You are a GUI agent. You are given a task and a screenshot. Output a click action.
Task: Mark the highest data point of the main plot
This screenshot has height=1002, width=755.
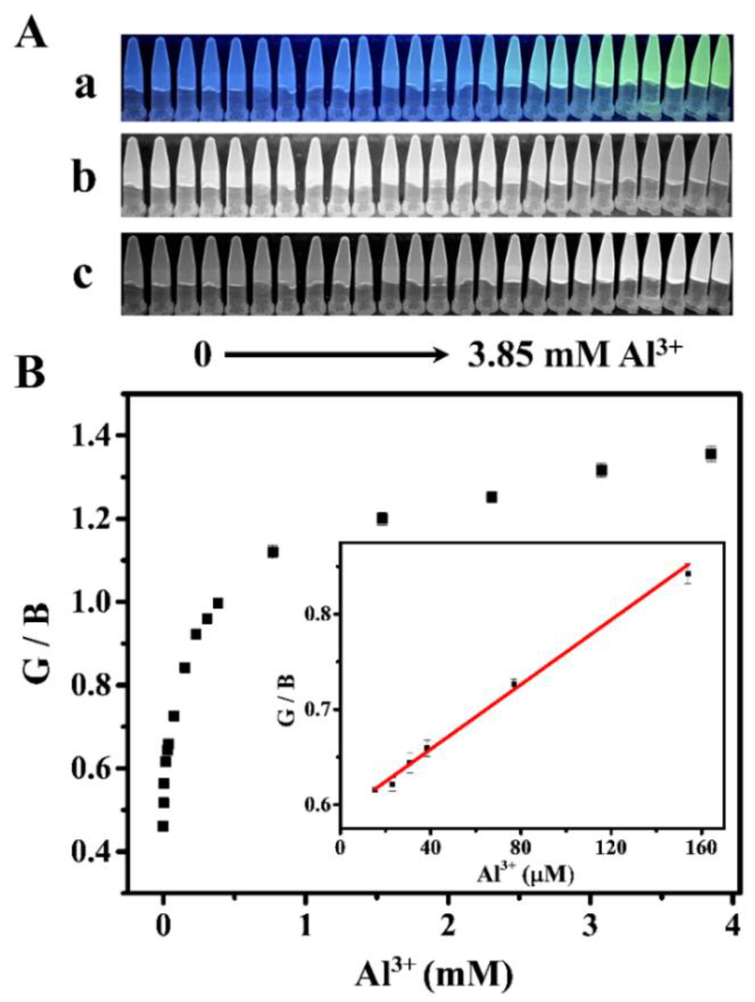pyautogui.click(x=711, y=454)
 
